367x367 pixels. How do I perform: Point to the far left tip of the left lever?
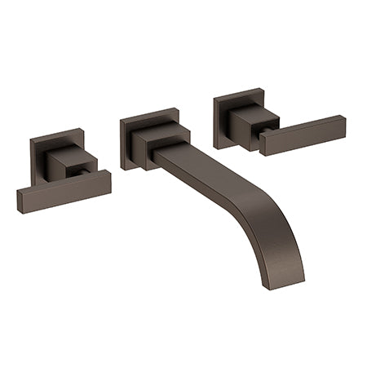pyautogui.click(x=19, y=201)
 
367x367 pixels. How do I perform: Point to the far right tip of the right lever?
pyautogui.click(x=344, y=126)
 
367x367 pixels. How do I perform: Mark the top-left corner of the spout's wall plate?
pyautogui.click(x=121, y=120)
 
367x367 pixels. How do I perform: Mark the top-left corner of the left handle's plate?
pyautogui.click(x=30, y=139)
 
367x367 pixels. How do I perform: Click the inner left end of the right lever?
pyautogui.click(x=263, y=147)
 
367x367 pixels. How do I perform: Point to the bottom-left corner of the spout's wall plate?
pyautogui.click(x=123, y=168)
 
